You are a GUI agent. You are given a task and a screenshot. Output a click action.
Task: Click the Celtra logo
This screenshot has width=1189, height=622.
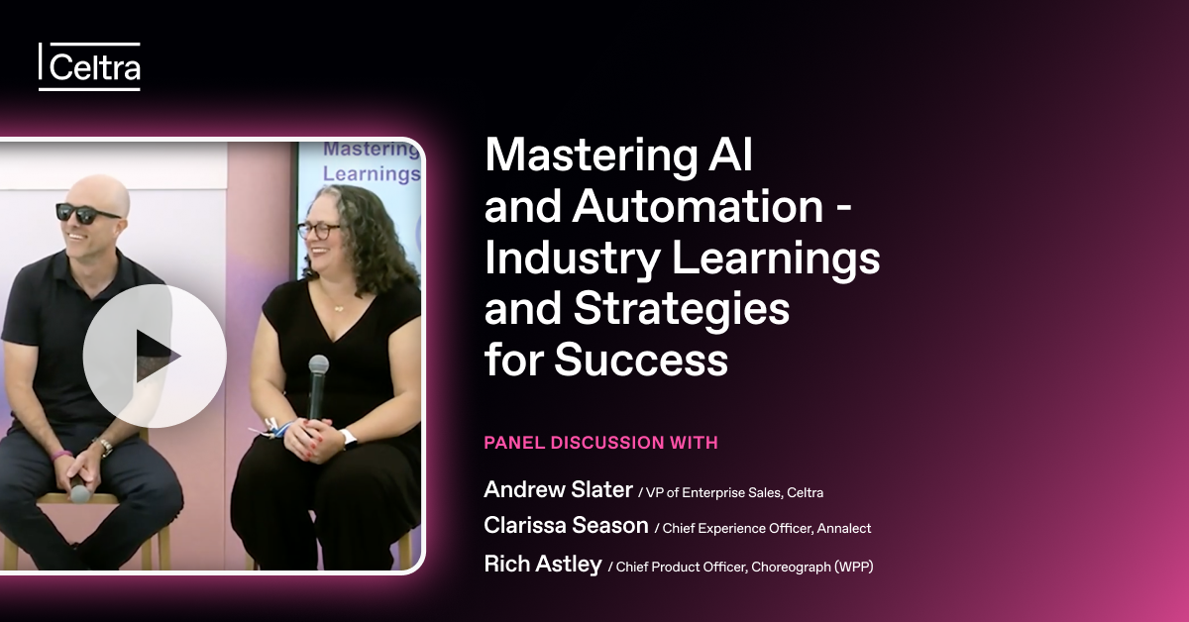tap(89, 67)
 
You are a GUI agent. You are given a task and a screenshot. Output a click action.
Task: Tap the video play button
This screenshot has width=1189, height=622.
tap(155, 356)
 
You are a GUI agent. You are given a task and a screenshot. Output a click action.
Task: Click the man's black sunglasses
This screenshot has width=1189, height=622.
tap(86, 213)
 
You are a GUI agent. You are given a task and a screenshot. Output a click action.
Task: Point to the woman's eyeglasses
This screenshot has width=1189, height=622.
tap(318, 231)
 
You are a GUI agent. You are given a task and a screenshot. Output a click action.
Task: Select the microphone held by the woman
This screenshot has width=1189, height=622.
tap(318, 387)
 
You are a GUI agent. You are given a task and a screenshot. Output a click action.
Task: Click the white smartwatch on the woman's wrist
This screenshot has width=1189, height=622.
tap(349, 439)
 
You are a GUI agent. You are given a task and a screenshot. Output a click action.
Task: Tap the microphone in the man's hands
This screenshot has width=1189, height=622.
tap(80, 490)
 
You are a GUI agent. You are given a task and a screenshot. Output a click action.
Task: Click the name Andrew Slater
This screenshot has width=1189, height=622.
tap(558, 489)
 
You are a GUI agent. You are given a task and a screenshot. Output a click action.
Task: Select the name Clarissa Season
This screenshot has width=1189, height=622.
tap(566, 525)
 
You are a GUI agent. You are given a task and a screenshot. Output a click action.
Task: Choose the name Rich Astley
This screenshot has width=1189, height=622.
tap(543, 564)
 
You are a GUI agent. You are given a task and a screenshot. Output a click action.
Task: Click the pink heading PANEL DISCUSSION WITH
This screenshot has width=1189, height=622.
tap(600, 443)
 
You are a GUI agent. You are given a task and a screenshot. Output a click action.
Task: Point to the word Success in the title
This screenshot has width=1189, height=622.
tap(641, 360)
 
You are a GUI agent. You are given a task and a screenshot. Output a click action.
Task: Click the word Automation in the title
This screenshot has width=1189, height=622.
tap(698, 206)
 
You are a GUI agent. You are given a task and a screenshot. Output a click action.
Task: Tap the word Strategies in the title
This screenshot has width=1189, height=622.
tap(682, 309)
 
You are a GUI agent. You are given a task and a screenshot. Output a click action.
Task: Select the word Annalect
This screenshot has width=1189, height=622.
tap(844, 529)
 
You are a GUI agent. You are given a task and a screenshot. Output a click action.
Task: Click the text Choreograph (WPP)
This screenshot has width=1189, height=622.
tap(812, 568)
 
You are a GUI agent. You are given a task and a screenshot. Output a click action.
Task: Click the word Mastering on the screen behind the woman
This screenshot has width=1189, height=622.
tap(371, 150)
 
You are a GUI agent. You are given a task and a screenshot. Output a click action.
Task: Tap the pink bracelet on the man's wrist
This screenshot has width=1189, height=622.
tap(62, 456)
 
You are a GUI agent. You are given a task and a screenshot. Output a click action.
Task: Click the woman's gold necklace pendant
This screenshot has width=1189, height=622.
tap(338, 308)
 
